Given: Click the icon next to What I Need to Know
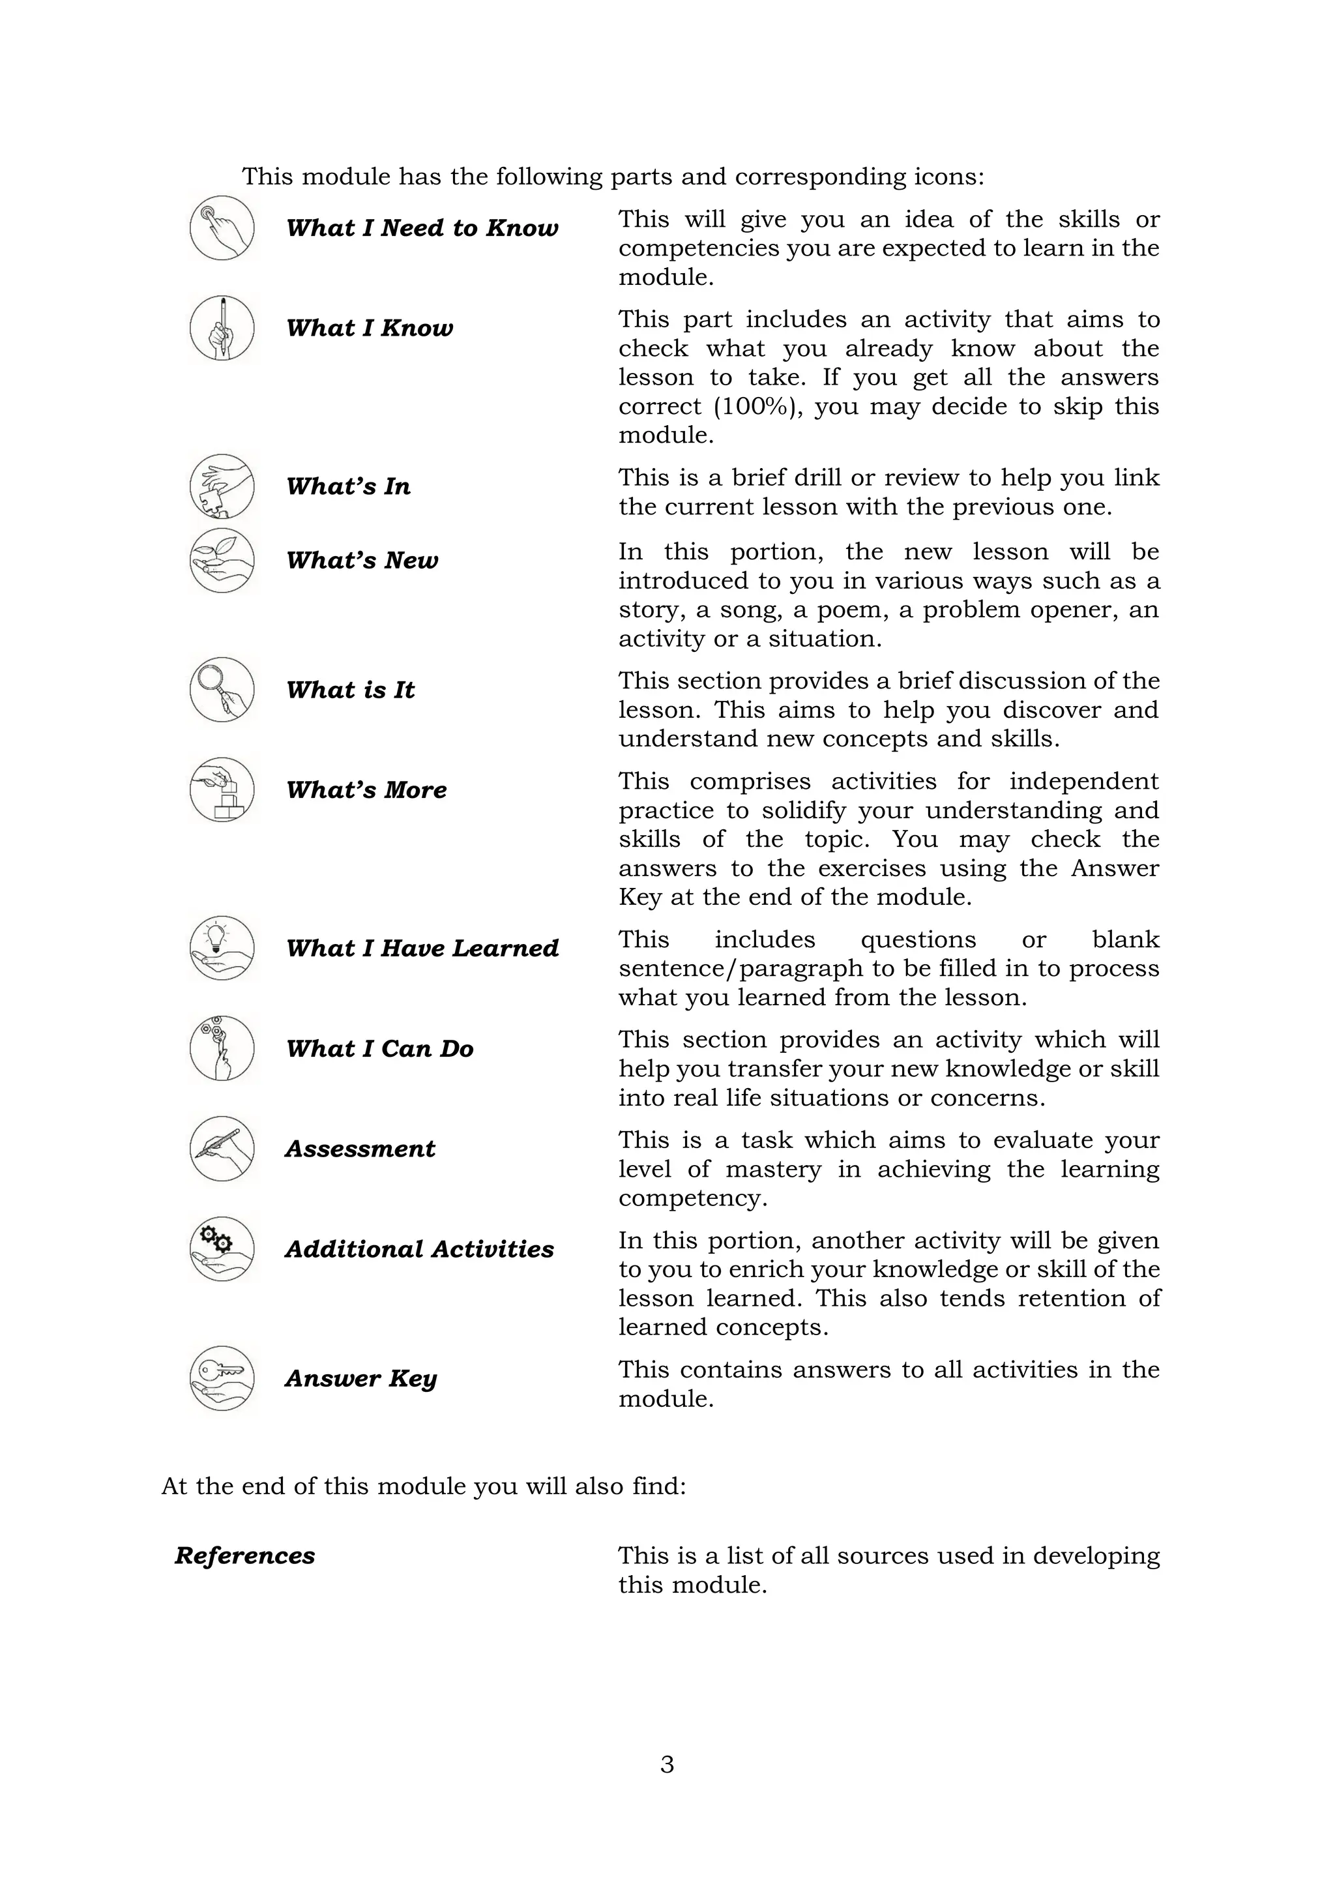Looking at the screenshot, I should [222, 228].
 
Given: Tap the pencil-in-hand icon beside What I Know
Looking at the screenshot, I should [222, 328].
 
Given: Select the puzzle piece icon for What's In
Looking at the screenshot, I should [222, 486].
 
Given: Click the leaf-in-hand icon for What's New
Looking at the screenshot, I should [222, 560].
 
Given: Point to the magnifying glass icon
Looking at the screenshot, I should [222, 689].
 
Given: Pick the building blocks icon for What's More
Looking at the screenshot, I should [222, 789].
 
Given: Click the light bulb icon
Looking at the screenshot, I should [222, 947].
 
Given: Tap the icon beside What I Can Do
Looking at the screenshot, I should [222, 1048].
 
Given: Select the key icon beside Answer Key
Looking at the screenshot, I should [222, 1378].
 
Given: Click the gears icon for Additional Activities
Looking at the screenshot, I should [222, 1249].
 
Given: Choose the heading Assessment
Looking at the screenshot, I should [360, 1149].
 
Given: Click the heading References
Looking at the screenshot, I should [245, 1556].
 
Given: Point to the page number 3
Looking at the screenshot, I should [667, 1765].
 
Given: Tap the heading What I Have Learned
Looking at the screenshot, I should [422, 948].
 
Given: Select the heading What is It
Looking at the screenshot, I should [350, 690].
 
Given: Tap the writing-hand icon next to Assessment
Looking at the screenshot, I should [222, 1149].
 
